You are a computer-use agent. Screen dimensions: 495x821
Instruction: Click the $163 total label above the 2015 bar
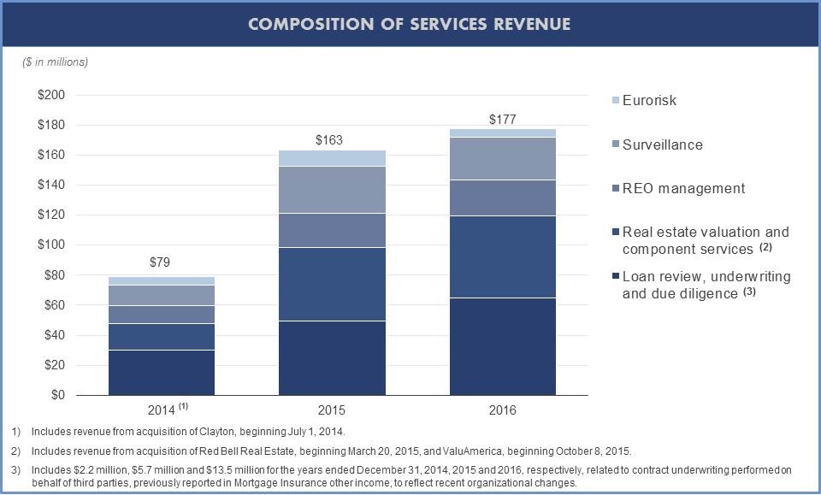click(330, 140)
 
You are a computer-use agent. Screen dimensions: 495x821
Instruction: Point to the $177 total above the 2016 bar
click(503, 120)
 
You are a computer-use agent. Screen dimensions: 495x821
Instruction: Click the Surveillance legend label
click(662, 144)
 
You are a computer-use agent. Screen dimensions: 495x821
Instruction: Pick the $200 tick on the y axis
click(52, 95)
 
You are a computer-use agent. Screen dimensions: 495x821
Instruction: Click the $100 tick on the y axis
click(52, 245)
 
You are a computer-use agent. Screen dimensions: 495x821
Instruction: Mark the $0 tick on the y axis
click(58, 395)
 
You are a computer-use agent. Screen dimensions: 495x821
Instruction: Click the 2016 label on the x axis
click(503, 410)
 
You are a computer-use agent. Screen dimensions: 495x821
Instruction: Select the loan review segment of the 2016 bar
click(503, 346)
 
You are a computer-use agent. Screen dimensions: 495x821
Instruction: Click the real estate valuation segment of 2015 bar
click(330, 284)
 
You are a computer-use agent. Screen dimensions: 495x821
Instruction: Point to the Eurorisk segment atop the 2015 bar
click(330, 157)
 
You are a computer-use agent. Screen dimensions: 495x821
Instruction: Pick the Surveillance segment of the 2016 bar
click(503, 158)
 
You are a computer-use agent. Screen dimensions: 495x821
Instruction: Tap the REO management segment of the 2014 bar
click(161, 314)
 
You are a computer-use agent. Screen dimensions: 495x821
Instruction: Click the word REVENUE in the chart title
click(532, 24)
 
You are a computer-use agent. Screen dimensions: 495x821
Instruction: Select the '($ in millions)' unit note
click(56, 62)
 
